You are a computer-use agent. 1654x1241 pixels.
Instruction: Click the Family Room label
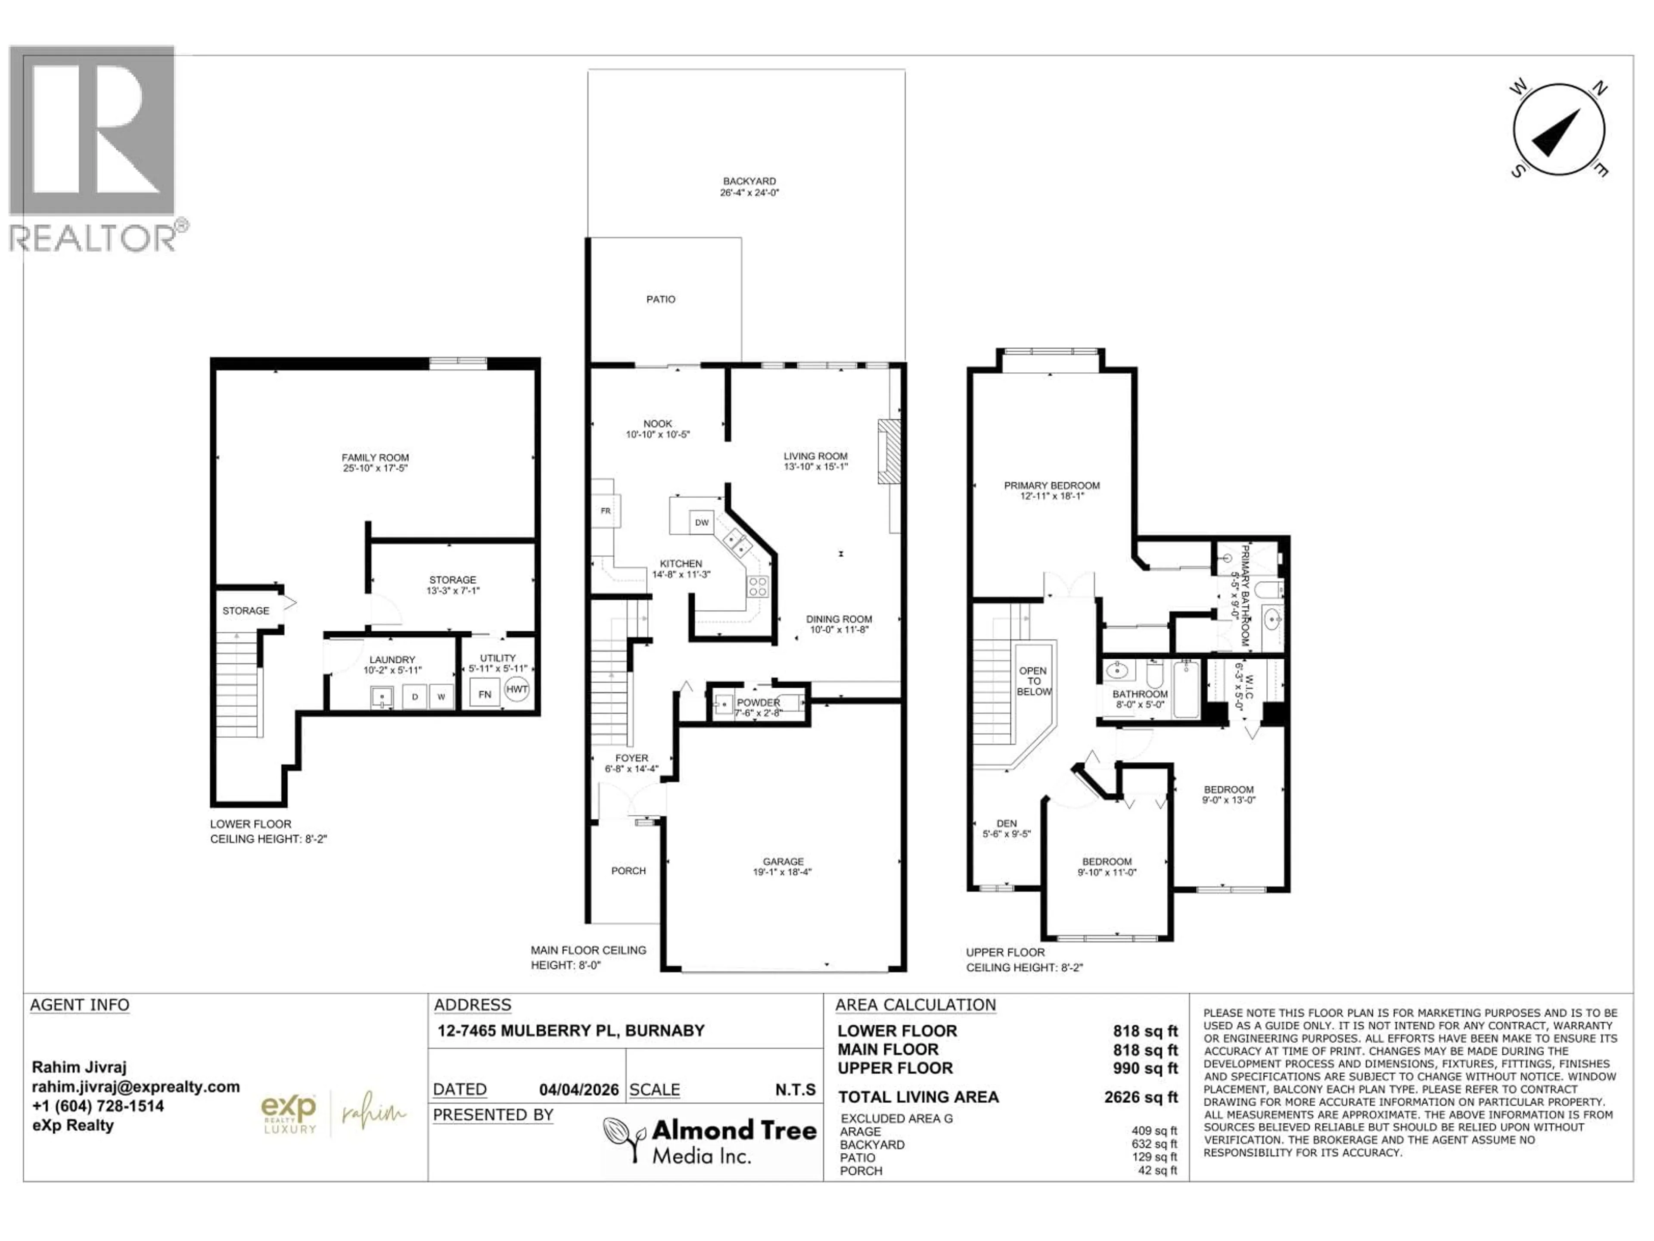click(x=375, y=458)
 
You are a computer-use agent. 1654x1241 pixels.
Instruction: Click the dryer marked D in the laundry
click(x=414, y=696)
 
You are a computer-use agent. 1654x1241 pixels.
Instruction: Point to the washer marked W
click(x=441, y=696)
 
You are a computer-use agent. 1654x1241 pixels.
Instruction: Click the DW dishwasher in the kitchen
click(x=701, y=522)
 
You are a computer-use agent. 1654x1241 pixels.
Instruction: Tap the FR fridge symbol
click(x=606, y=511)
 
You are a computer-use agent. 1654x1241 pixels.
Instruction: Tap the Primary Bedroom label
click(x=1051, y=486)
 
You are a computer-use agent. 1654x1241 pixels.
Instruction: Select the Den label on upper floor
click(x=1007, y=823)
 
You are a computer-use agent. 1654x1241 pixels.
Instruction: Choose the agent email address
click(x=135, y=1087)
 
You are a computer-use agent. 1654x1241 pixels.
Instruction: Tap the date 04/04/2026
click(x=579, y=1090)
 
